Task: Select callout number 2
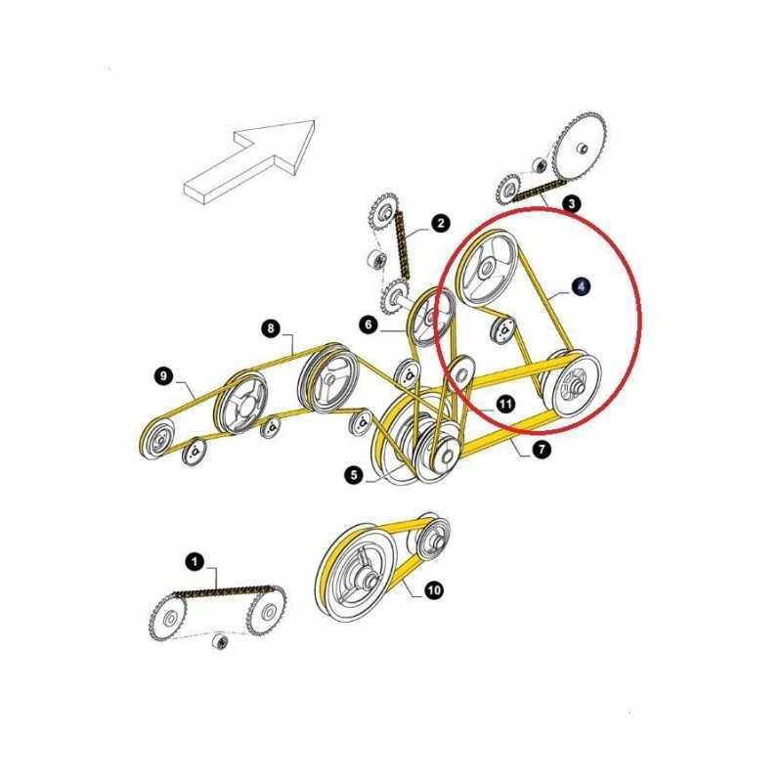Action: tap(441, 224)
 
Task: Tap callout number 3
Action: tap(572, 204)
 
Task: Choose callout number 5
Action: tap(353, 476)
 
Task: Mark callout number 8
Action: tap(272, 328)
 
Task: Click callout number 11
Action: tap(504, 403)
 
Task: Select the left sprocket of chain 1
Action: tap(170, 618)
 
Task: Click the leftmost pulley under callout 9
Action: tap(155, 437)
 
